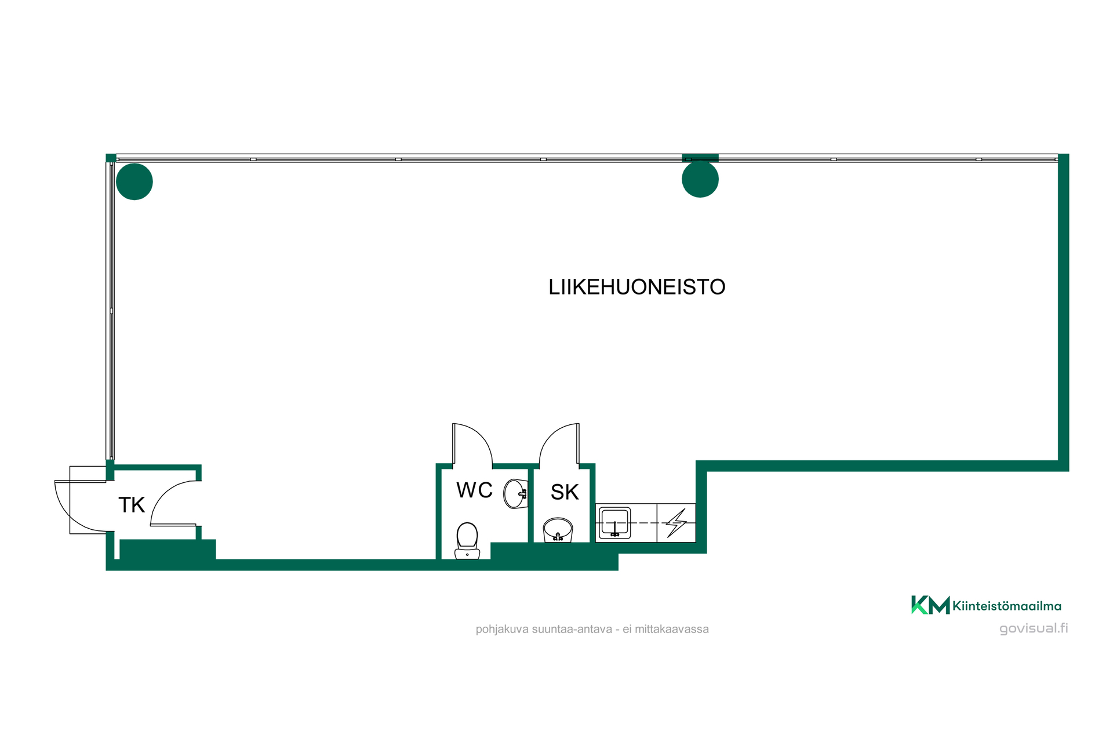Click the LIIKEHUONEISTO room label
click(636, 287)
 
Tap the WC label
click(474, 490)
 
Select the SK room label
click(565, 492)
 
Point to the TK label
click(132, 505)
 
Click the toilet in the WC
click(467, 540)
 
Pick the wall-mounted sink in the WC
click(515, 493)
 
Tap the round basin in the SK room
click(558, 530)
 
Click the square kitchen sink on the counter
click(614, 523)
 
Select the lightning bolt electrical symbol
click(676, 523)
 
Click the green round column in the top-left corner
click(134, 181)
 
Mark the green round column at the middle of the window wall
click(700, 179)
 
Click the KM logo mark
click(930, 605)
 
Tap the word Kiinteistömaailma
click(1007, 606)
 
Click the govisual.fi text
click(1034, 628)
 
